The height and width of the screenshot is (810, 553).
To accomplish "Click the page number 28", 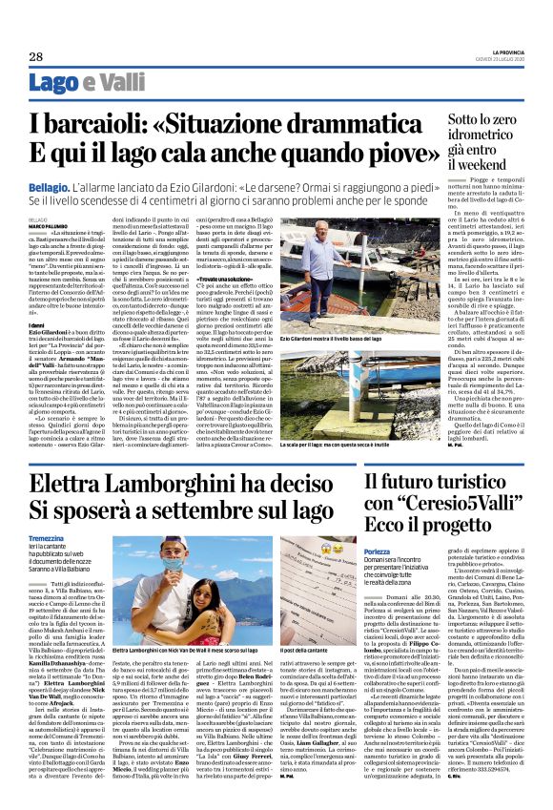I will click(35, 56).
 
